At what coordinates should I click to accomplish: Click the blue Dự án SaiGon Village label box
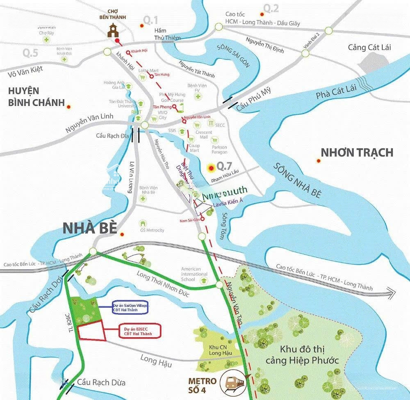130,308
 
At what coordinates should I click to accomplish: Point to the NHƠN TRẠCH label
357,153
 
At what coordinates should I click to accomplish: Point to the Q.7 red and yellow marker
211,167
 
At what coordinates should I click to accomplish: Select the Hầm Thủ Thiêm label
168,35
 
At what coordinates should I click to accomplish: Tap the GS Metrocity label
152,230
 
